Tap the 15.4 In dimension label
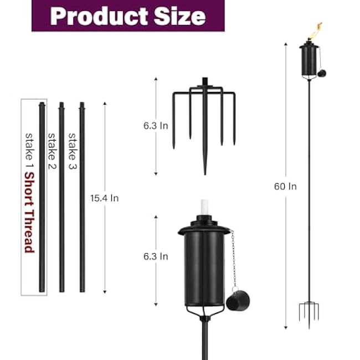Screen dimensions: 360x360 (x=105, y=198)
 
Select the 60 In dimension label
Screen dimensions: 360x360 (x=285, y=186)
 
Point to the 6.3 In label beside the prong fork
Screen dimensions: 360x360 (x=156, y=126)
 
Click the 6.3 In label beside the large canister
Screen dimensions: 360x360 (x=156, y=256)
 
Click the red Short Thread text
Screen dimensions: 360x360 (x=29, y=213)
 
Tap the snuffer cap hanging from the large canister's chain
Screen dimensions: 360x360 (x=238, y=300)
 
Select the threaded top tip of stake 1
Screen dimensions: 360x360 (x=42, y=104)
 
